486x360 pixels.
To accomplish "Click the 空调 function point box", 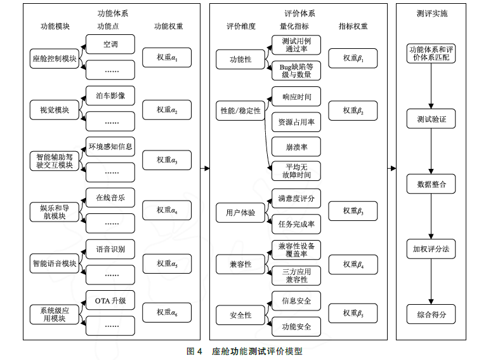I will (x=110, y=44).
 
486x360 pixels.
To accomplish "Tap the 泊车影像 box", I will (x=110, y=96).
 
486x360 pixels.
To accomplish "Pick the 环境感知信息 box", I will (x=110, y=147).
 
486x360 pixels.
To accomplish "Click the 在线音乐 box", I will (x=110, y=197).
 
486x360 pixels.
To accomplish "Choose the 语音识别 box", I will (x=110, y=249).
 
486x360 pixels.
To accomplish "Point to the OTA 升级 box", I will (x=110, y=300).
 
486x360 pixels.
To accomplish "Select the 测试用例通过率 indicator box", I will (x=296, y=44).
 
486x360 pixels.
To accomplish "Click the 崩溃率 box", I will (x=296, y=147).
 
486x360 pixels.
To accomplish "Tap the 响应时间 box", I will (x=296, y=96).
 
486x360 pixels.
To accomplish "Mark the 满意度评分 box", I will (x=296, y=198).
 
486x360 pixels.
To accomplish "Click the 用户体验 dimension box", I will (x=240, y=213).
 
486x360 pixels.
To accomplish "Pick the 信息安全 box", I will (x=296, y=300).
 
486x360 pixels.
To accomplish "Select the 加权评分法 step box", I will (x=431, y=248).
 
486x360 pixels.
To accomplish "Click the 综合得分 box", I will (x=431, y=314).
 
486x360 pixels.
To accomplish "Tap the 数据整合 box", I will (x=431, y=184).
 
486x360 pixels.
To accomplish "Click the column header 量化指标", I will (x=294, y=26).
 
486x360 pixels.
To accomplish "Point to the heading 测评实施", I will (x=431, y=13).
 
